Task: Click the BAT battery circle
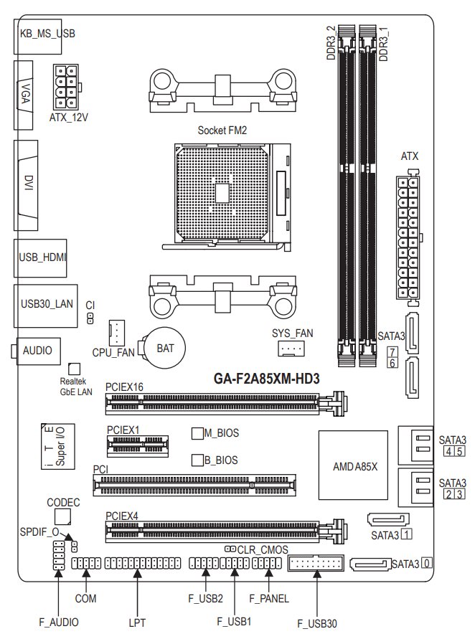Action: point(166,348)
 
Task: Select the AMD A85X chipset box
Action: point(353,465)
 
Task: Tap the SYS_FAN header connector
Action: point(291,349)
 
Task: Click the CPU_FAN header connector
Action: point(117,333)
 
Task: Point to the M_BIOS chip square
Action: point(197,433)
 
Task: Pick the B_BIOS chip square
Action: point(197,460)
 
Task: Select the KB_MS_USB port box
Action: point(38,37)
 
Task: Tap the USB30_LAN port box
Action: point(46,306)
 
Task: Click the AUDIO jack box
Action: point(37,351)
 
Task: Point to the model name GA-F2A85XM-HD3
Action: point(267,379)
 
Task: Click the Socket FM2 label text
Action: point(222,131)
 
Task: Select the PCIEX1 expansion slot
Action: point(138,446)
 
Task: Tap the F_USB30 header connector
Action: point(316,563)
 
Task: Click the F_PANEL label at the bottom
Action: point(268,599)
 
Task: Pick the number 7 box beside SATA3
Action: point(392,352)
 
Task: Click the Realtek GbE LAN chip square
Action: point(74,369)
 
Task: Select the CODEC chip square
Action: point(63,517)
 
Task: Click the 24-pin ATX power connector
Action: point(408,238)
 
